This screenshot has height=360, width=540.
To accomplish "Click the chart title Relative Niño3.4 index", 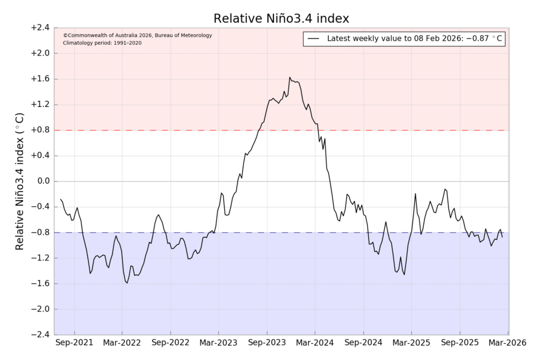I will [x=281, y=18].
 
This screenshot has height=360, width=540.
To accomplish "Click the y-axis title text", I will [x=19, y=181].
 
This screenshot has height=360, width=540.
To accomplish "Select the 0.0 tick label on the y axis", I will [x=42, y=181].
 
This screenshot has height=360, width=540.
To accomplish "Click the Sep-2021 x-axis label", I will [x=74, y=343].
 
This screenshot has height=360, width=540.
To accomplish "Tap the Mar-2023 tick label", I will [x=218, y=343].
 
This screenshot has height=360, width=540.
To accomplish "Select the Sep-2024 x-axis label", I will [x=363, y=343].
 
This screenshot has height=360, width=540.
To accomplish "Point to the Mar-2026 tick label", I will [x=507, y=343].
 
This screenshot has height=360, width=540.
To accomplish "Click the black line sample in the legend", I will [x=314, y=39].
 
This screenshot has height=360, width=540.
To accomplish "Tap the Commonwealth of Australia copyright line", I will [x=137, y=35].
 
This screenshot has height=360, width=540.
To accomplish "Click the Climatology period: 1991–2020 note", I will [x=102, y=43].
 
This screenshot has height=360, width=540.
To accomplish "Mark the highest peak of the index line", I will [x=289, y=77].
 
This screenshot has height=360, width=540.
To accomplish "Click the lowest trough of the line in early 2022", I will [x=127, y=283].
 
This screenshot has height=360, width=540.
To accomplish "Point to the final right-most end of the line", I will [x=502, y=237].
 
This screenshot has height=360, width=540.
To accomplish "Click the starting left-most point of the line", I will [x=60, y=199].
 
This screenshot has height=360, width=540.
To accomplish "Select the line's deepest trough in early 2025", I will [x=404, y=275].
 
